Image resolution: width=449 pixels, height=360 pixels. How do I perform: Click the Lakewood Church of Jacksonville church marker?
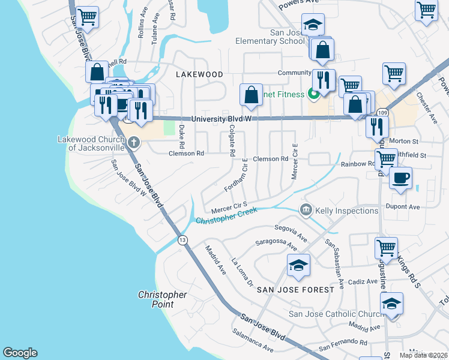point(133,142)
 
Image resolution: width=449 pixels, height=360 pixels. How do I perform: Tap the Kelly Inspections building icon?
point(306,209)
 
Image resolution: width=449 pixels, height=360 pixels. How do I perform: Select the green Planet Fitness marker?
point(312,94)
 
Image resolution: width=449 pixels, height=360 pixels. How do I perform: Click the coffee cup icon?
point(400,178)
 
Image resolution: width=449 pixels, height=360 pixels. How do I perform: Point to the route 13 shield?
point(182,240)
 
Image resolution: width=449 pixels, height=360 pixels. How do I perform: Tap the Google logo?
point(20,353)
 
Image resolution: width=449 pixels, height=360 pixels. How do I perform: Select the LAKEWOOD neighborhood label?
point(199,74)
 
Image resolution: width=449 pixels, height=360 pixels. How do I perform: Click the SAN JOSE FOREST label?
point(295,290)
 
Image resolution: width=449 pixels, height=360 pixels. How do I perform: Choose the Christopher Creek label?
point(226,216)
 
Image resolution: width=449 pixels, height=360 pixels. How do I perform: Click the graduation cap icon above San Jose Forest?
point(298,265)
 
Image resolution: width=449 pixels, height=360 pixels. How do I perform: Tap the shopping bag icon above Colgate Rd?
point(251,95)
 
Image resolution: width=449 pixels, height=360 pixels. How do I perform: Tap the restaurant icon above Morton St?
point(377,127)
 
